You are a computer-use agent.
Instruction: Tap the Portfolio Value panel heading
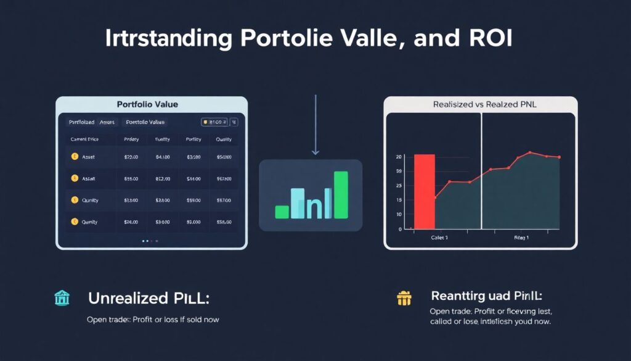tap(152, 104)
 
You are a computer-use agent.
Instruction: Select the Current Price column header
tap(85, 139)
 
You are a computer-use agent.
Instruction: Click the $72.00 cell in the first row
tap(131, 157)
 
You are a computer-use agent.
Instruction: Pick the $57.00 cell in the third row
tap(224, 200)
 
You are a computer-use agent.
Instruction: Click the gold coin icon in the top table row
tap(75, 157)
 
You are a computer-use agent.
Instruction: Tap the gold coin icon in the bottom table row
tap(75, 222)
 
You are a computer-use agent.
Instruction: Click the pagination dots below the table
tap(150, 241)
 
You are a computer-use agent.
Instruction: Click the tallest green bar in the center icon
tap(341, 194)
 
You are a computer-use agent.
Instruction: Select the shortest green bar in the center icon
tap(282, 212)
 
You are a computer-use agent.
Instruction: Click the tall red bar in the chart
tap(425, 191)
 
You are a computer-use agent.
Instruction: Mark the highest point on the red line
tap(529, 152)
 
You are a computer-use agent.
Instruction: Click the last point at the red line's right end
tap(560, 157)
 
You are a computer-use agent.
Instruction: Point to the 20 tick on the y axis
tap(399, 157)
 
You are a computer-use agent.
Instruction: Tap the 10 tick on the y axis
tap(399, 214)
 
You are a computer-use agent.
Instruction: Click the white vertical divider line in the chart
tap(481, 173)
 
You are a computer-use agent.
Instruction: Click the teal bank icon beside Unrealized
tap(62, 299)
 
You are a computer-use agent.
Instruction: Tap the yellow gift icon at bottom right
tap(404, 299)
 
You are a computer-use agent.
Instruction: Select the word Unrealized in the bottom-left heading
tap(126, 299)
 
